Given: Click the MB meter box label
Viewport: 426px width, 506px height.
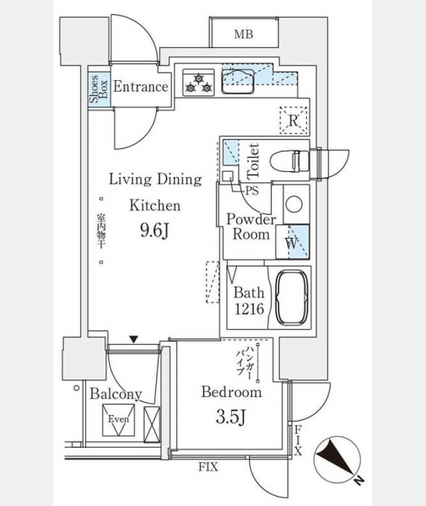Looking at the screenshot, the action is [x=244, y=34].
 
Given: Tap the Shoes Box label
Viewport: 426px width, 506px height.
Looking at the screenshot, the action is [x=99, y=88].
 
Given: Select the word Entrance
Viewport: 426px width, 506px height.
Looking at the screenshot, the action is [x=141, y=87].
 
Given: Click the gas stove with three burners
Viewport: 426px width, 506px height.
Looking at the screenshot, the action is [x=198, y=83].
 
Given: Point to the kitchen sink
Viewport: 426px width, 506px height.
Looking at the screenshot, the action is [x=238, y=82].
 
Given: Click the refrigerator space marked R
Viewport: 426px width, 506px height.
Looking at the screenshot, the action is [x=294, y=121].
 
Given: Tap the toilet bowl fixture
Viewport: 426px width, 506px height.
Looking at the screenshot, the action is [x=289, y=160].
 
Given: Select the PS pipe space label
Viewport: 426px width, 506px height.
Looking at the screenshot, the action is [x=252, y=191].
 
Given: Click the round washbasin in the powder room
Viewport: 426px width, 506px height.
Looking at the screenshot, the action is [x=294, y=204].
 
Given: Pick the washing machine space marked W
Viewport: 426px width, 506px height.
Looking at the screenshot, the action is [x=293, y=242].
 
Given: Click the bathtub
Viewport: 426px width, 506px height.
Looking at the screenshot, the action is [x=292, y=297].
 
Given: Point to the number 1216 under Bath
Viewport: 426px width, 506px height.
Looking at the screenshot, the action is [x=249, y=310].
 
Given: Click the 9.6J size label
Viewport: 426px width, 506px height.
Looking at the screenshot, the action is [x=155, y=230].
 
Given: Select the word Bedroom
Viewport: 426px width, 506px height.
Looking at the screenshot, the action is [x=231, y=392].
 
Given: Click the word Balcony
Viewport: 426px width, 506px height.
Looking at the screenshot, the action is [x=116, y=394].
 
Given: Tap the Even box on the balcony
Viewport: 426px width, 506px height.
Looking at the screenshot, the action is [x=118, y=420].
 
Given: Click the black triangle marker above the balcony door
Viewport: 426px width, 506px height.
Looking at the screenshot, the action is [x=134, y=339].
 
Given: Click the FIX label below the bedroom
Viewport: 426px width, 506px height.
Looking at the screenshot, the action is [x=208, y=466].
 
